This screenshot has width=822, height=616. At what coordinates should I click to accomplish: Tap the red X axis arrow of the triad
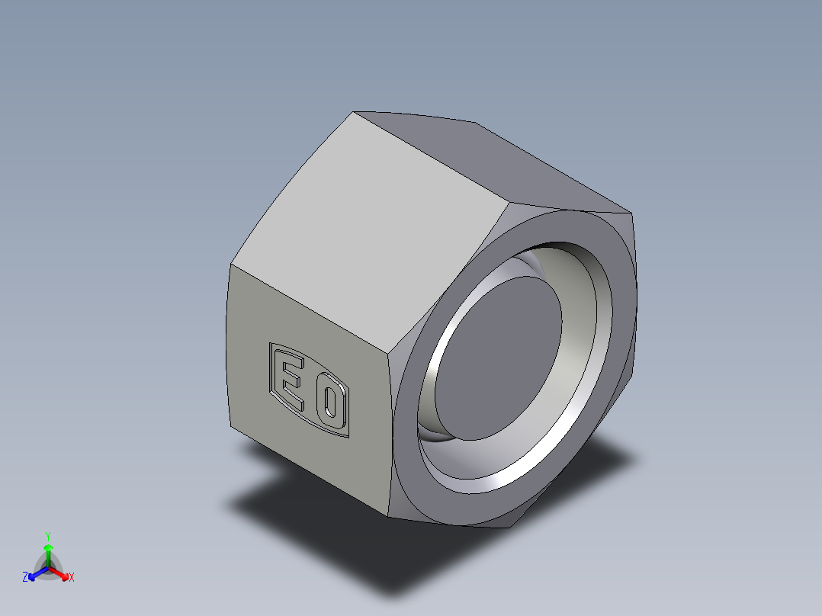(63, 573)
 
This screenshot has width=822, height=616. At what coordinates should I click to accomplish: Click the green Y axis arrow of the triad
(48, 550)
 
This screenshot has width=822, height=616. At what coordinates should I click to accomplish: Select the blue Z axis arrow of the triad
(34, 574)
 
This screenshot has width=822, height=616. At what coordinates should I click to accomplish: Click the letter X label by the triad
(72, 578)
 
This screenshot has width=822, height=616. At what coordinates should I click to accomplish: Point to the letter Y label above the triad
(48, 536)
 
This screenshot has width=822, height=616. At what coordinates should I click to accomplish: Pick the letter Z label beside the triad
(25, 578)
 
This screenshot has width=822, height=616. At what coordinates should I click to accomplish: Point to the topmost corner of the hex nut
(354, 113)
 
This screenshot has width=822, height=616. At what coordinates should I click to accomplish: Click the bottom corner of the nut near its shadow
(389, 515)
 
